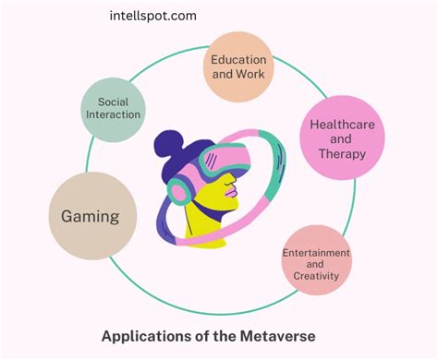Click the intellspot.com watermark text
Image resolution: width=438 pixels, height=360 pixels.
pos(152,17)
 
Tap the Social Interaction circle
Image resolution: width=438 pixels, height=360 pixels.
pos(113,108)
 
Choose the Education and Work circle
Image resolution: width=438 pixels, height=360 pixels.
pos(239,66)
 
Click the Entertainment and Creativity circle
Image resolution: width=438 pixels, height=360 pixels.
pos(316,261)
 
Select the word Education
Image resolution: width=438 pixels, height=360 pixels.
pos(240,58)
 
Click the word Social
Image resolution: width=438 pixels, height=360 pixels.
pos(113,102)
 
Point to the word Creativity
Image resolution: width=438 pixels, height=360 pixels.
pos(316,275)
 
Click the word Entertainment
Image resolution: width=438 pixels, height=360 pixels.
pos(316,251)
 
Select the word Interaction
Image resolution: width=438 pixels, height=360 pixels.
pos(113,114)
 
